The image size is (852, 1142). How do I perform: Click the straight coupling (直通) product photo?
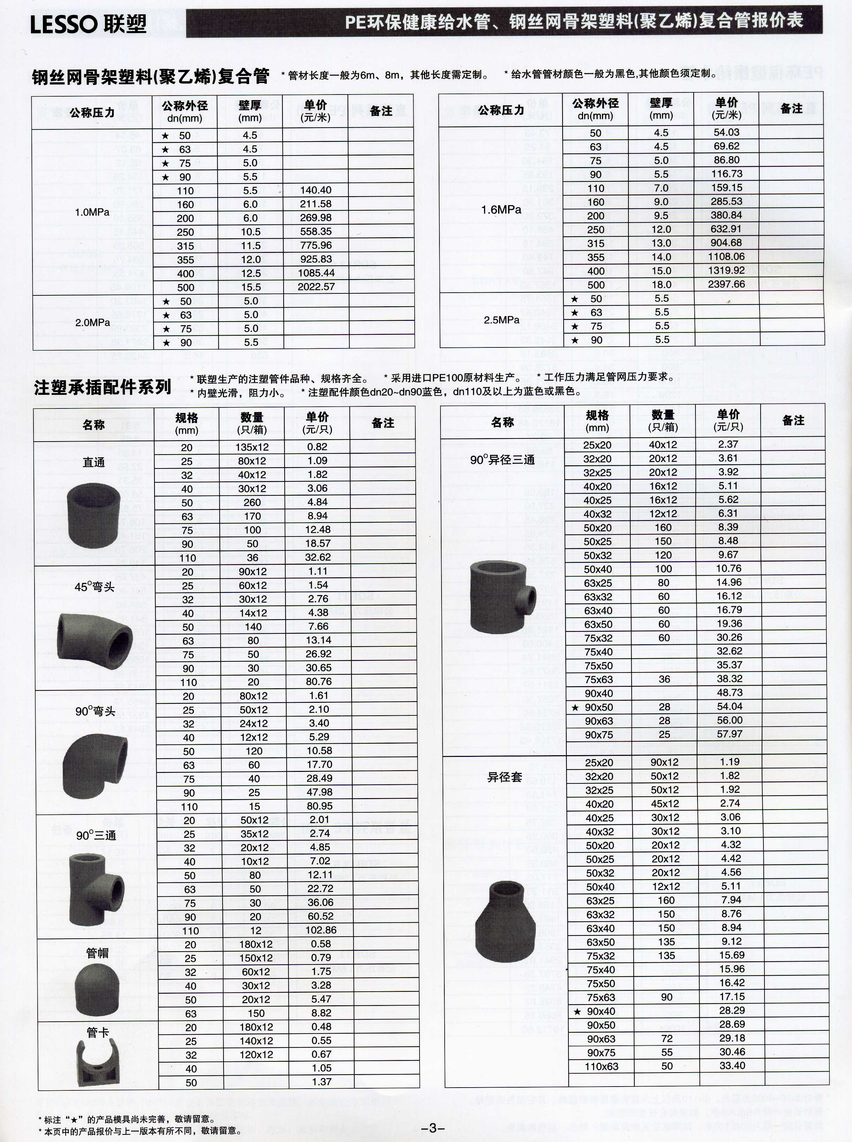pyautogui.click(x=93, y=516)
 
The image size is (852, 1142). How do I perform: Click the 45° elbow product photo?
pyautogui.click(x=95, y=640)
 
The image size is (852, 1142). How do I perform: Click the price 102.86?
pyautogui.click(x=321, y=930)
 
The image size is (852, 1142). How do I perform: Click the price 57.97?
pyautogui.click(x=729, y=734)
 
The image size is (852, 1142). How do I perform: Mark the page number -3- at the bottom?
pyautogui.click(x=432, y=1128)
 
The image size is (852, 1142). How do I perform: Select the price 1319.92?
pyautogui.click(x=727, y=271)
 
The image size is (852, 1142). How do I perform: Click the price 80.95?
pyautogui.click(x=320, y=806)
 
